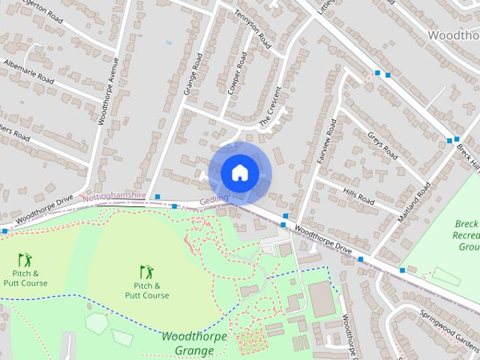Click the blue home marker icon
click(x=239, y=172)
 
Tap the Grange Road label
click(x=193, y=74)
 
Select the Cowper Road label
click(x=237, y=73)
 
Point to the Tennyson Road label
click(x=251, y=27)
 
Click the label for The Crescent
click(x=270, y=106)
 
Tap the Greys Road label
click(x=382, y=145)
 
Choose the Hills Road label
click(x=358, y=197)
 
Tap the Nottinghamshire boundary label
click(x=114, y=196)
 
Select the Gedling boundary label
click(x=214, y=202)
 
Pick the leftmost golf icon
click(x=25, y=260)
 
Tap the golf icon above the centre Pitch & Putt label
click(x=145, y=271)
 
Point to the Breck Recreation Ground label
click(x=466, y=235)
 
